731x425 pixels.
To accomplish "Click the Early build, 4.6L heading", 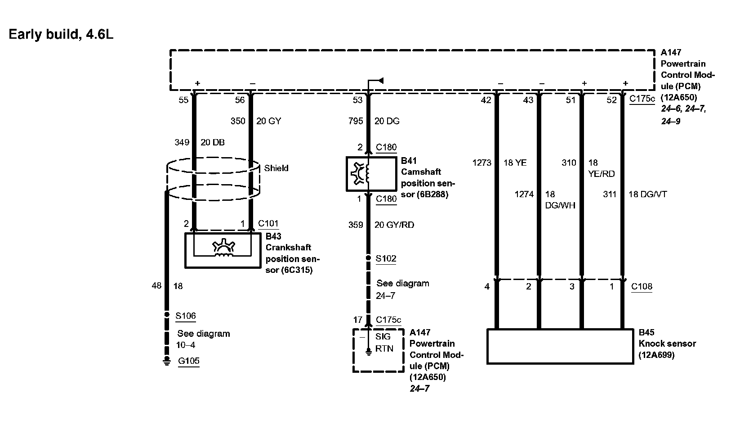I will (x=61, y=35).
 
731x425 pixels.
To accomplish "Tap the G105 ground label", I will (x=189, y=361).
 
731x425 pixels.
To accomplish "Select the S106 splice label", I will (x=186, y=316).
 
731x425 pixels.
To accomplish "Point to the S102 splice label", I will (x=386, y=259).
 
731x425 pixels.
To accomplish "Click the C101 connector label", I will (x=268, y=224).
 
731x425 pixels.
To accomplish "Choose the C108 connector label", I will (x=642, y=286).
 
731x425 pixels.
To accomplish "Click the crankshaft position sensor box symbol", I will (x=223, y=250).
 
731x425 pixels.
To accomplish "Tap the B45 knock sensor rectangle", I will (x=560, y=346).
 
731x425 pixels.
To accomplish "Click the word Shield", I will (x=276, y=168).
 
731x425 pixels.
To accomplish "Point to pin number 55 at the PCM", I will (x=183, y=100).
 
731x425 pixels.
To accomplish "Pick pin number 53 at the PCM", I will (x=357, y=100).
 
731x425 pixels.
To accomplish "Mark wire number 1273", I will (x=481, y=163).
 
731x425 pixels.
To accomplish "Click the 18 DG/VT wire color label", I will (x=647, y=194).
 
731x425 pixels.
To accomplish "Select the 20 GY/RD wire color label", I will (x=394, y=225).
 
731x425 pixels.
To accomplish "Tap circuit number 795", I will (x=356, y=121).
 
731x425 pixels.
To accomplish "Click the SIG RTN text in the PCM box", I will (x=383, y=343).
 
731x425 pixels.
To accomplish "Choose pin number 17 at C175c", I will (x=357, y=320).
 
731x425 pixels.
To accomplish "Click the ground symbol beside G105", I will (x=167, y=361).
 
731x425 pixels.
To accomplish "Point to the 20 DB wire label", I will (x=212, y=143).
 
